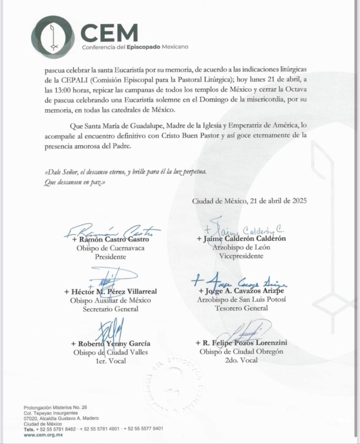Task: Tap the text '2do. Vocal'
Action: [241, 360]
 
